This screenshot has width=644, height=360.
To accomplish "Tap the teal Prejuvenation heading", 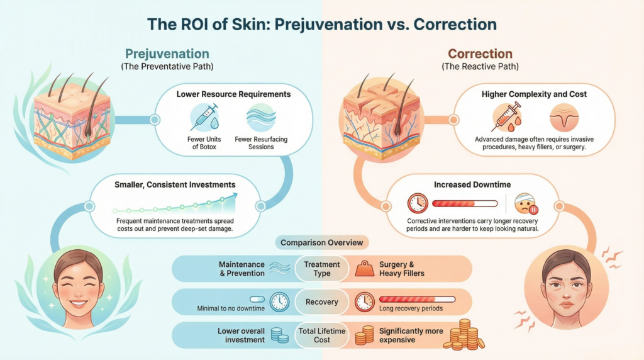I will coord(167,54).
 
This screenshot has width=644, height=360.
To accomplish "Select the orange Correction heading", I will coord(480,54).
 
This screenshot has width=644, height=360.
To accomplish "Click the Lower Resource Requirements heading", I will coord(233,94).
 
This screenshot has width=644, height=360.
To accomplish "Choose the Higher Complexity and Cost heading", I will coord(533,94).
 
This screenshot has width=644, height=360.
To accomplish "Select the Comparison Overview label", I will coord(321,243).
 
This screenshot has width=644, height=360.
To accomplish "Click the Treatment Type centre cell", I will coord(322,269).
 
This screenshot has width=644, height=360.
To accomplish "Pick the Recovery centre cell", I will coord(322,301).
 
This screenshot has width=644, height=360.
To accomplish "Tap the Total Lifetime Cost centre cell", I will coord(322,335).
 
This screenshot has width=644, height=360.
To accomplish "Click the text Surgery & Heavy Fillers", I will coord(402,269).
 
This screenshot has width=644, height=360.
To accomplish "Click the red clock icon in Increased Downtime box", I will coord(418,203).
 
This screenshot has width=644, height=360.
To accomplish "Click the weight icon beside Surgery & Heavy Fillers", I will coord(365,269).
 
